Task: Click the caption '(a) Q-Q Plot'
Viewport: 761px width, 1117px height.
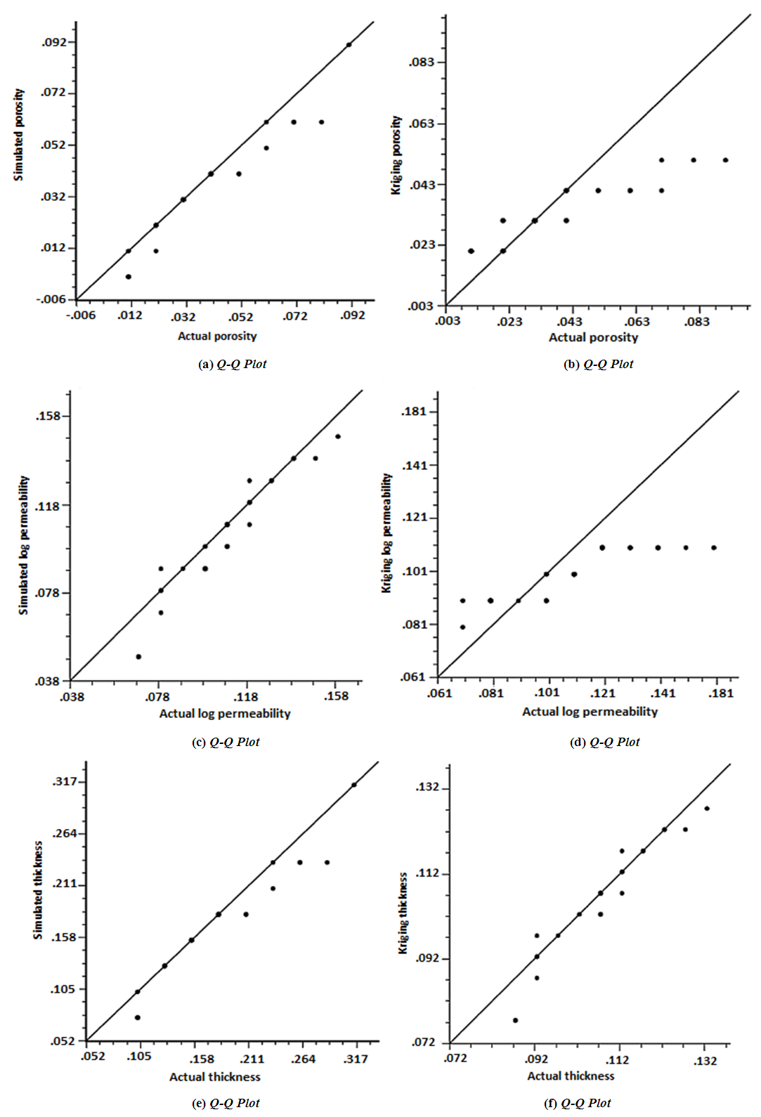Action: tap(233, 364)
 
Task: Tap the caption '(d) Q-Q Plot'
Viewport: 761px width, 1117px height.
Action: tap(604, 742)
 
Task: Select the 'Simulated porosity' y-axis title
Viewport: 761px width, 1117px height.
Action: tap(19, 134)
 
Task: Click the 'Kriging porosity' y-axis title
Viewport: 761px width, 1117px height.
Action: tap(396, 155)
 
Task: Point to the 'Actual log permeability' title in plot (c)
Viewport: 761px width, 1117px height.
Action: tap(225, 714)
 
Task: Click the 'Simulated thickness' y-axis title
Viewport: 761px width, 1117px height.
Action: tap(38, 890)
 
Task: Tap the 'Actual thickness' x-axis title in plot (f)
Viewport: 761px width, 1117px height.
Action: tap(571, 1076)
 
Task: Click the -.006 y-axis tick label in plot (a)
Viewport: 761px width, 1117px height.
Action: tap(51, 299)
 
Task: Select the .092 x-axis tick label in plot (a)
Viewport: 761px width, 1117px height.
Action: tap(353, 316)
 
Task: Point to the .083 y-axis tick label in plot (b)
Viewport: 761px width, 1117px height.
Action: tap(422, 63)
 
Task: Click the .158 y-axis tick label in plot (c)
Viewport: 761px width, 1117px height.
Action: tap(48, 416)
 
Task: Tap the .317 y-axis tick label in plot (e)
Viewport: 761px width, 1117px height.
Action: tap(65, 782)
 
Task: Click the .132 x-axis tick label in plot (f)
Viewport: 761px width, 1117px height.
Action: tap(705, 1061)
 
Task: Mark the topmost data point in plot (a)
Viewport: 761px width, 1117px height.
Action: tap(349, 45)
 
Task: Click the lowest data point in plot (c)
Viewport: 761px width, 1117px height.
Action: tap(138, 657)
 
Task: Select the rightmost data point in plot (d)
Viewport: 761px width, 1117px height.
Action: tap(714, 548)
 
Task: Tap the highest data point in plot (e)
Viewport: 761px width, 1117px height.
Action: tap(354, 785)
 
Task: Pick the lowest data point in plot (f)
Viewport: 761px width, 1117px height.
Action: tap(515, 1020)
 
